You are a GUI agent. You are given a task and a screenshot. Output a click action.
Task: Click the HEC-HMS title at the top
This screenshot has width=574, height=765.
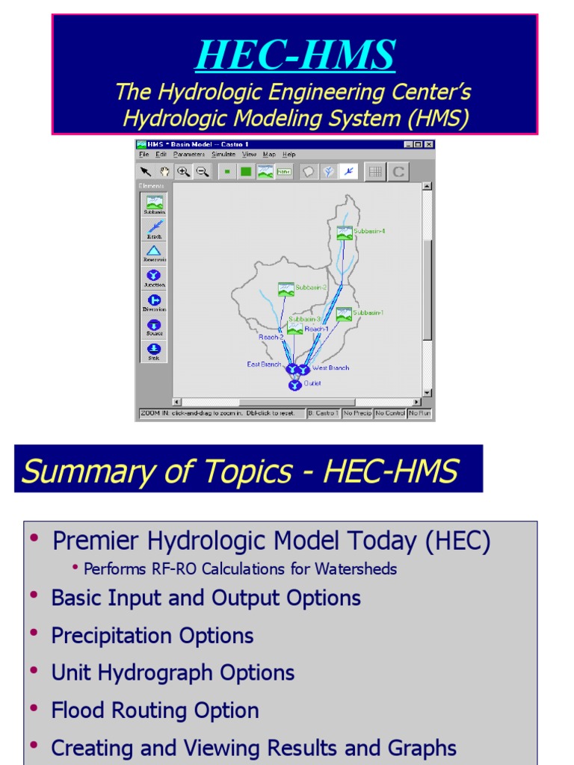pos(294,55)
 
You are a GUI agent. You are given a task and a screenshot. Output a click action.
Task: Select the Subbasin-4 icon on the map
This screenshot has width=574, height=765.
pos(344,233)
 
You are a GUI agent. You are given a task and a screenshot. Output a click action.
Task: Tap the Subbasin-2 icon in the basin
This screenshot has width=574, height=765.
pos(286,289)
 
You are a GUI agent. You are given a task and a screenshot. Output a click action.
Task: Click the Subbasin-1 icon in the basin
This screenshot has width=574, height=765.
pos(344,315)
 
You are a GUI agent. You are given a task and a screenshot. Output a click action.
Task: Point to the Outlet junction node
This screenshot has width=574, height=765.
pos(294,385)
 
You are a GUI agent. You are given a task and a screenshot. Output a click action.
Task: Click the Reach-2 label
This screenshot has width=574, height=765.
pos(271,337)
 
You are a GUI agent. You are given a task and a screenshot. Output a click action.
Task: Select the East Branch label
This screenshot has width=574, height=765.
pos(264,365)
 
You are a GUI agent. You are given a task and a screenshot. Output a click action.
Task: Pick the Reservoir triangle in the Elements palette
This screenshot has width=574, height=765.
pos(154,251)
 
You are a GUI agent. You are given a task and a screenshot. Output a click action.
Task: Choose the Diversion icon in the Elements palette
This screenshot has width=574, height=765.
pos(154,300)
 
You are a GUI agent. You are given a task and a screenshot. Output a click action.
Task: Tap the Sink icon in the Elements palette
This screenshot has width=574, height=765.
pos(154,349)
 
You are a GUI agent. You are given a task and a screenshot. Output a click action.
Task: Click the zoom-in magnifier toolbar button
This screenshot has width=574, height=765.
pos(183,172)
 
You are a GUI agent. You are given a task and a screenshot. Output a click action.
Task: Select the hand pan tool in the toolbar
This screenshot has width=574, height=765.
pos(164,172)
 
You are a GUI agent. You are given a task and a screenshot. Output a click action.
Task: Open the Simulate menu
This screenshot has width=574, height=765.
pos(223,155)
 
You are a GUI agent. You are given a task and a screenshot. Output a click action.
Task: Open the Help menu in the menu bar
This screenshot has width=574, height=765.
pos(288,155)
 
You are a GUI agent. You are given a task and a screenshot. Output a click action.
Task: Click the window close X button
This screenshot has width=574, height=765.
pos(428,144)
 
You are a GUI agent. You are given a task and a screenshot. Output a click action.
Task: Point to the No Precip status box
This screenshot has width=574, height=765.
pos(357,413)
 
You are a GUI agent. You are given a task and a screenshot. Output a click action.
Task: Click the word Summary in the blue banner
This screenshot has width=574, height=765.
pos(72,471)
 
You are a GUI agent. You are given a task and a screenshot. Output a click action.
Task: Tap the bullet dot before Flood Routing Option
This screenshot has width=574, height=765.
pos(33,708)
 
